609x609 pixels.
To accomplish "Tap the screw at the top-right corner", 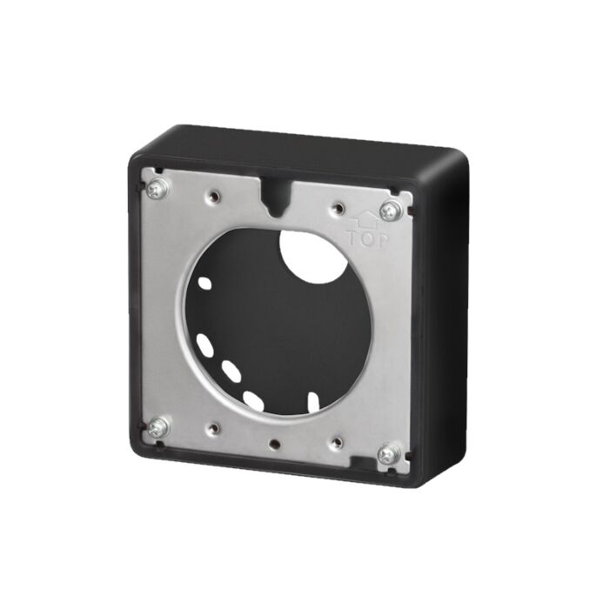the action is pyautogui.click(x=390, y=211).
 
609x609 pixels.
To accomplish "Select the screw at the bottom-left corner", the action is pyautogui.click(x=158, y=427).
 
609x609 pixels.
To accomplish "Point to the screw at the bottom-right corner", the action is pyautogui.click(x=388, y=453).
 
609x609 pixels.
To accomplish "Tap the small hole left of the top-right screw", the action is pyautogui.click(x=338, y=208).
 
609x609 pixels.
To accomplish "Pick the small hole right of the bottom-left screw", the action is pyautogui.click(x=212, y=428).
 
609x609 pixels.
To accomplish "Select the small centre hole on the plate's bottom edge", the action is pyautogui.click(x=274, y=443).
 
